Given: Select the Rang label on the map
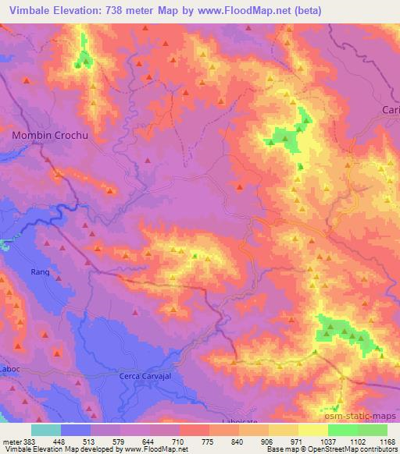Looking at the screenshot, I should (40, 271).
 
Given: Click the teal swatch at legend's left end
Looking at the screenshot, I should (46, 430).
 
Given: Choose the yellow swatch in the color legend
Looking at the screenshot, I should (313, 430).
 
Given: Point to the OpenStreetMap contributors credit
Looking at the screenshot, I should (352, 450).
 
